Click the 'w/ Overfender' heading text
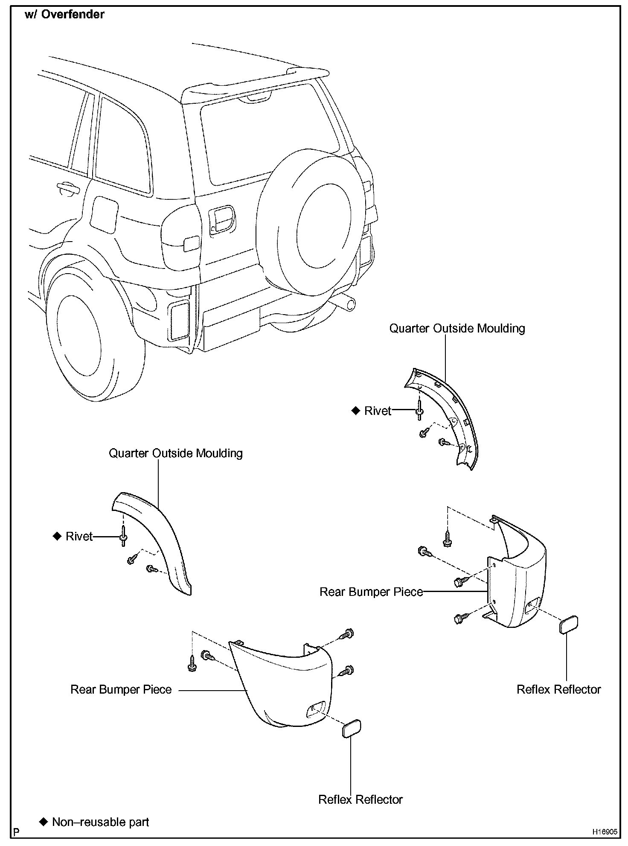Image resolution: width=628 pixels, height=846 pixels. (64, 15)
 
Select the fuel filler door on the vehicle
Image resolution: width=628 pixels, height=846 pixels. (104, 215)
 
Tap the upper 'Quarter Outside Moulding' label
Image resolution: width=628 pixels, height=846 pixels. (457, 328)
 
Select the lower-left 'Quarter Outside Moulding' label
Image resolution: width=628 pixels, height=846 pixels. (176, 453)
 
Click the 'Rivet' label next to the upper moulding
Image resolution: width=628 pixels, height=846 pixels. (378, 411)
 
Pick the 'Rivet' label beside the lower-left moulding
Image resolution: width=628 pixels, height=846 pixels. (79, 536)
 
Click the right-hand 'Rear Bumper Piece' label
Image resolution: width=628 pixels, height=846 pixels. (371, 592)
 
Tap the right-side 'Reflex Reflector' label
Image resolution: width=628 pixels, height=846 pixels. (558, 689)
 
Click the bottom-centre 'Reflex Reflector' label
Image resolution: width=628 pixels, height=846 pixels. (361, 799)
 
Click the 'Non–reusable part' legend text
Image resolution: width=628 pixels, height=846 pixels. (100, 822)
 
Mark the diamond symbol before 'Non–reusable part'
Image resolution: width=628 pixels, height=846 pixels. (43, 822)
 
